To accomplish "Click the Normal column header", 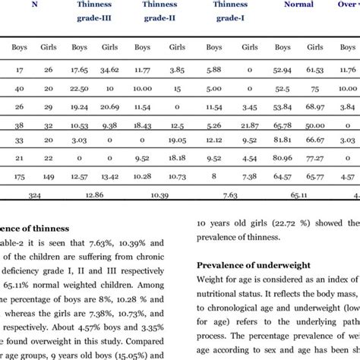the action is [298, 5].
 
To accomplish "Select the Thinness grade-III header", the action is [90, 11].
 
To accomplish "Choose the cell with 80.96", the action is [283, 159].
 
